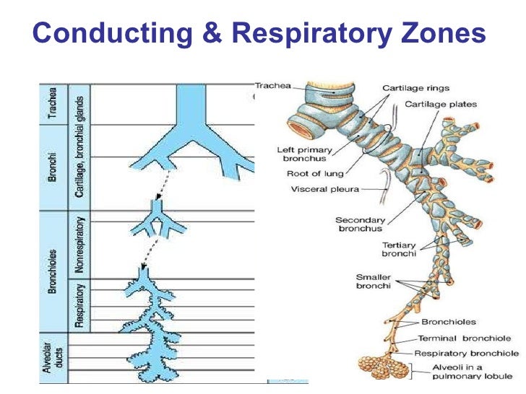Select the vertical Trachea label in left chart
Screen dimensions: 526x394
[51, 104]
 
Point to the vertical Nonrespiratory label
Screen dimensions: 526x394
[80, 245]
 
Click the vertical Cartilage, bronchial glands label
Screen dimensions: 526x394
[79, 147]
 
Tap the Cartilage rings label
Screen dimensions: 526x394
[412, 89]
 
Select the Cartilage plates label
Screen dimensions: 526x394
[441, 105]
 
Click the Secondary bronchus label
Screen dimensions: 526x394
[358, 224]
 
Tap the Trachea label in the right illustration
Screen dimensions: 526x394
[273, 86]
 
